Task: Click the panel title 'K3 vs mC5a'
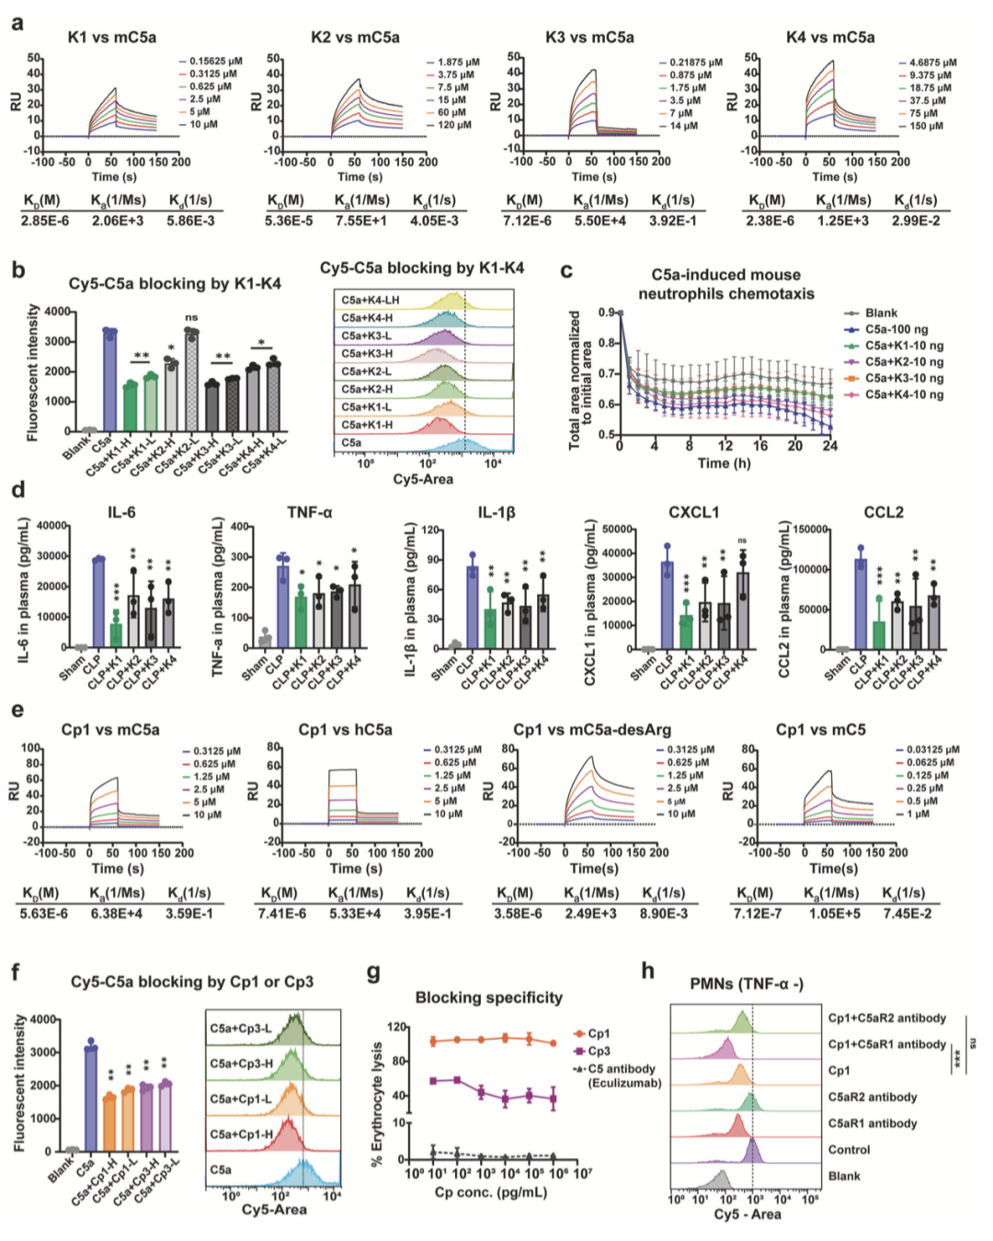[589, 38]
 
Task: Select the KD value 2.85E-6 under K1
[45, 221]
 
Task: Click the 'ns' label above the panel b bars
[191, 317]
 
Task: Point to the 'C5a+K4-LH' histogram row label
[370, 301]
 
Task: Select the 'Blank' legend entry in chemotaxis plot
[880, 313]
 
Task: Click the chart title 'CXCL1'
[694, 512]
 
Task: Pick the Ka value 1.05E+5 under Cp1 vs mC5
[831, 914]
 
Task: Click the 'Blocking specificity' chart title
[488, 997]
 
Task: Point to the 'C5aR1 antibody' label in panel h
[872, 1123]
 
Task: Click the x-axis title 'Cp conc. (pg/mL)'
[490, 1192]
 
